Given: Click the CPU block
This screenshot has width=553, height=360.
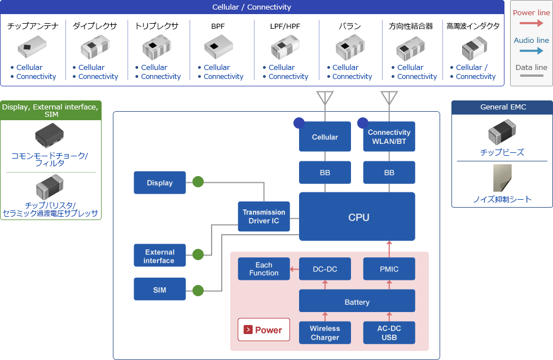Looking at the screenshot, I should (357, 217).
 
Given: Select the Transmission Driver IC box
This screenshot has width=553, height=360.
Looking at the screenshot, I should (264, 217).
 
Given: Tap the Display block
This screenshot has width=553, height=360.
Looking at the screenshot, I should (160, 183).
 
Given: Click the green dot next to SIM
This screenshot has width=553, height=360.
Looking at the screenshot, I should (197, 291).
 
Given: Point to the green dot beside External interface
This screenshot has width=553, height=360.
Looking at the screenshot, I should (197, 254).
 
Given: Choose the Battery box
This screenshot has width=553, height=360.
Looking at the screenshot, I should (357, 302).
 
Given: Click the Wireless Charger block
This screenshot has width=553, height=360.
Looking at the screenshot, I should (324, 333).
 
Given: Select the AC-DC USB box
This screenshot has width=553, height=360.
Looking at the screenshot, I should (389, 333).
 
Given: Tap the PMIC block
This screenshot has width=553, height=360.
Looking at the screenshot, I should (389, 269).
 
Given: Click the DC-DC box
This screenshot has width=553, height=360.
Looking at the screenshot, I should (324, 269).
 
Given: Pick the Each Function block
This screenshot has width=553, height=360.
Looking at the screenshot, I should (264, 269).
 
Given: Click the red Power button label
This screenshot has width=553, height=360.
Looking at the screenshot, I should (264, 330).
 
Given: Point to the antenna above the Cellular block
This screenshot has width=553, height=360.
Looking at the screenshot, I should (325, 98).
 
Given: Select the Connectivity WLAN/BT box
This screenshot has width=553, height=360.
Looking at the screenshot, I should (389, 137).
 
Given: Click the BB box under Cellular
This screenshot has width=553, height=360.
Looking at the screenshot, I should (324, 173).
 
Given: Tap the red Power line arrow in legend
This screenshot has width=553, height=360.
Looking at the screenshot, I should (532, 23).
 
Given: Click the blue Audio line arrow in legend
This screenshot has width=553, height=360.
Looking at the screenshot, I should (532, 51).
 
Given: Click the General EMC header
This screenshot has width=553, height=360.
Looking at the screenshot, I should (502, 107).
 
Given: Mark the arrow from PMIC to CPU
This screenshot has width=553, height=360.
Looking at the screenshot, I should (389, 249).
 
